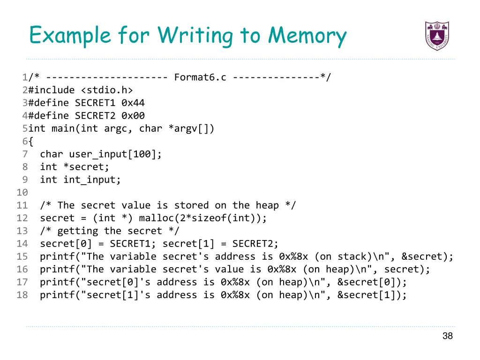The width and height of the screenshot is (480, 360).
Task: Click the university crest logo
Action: pos(437,36)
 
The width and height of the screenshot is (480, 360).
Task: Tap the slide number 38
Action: pos(447,336)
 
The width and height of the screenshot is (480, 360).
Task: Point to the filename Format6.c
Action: pos(200,77)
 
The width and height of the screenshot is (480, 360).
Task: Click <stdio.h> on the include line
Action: pos(107,90)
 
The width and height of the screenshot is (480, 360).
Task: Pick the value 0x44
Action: pos(133,103)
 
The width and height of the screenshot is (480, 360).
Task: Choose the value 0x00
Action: pos(133,116)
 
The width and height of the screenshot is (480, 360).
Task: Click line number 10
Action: pos(22,193)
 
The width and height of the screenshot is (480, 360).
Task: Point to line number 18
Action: pos(22,295)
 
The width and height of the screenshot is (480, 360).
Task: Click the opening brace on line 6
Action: pos(30,142)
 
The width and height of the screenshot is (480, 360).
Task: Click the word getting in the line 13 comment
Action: pos(78,231)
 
